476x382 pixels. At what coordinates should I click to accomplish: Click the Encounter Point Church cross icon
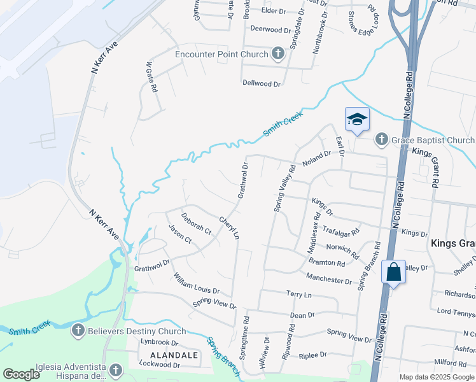pyautogui.click(x=277, y=54)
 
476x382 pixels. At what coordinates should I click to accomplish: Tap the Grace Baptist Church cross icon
pyautogui.click(x=381, y=139)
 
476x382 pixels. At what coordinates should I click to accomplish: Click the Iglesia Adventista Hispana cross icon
pyautogui.click(x=116, y=370)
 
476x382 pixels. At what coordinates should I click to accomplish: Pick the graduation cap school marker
pyautogui.click(x=357, y=119)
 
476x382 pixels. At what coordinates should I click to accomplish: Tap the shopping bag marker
pyautogui.click(x=394, y=272)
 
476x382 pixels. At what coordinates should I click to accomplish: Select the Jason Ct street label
pyautogui.click(x=180, y=234)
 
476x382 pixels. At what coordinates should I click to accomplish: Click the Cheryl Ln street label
pyautogui.click(x=229, y=228)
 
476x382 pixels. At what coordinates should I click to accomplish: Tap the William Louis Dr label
pyautogui.click(x=196, y=283)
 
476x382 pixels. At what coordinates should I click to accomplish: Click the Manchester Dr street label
pyautogui.click(x=328, y=278)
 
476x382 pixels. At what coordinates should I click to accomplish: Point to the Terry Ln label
pyautogui.click(x=299, y=295)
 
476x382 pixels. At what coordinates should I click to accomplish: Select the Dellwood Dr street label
pyautogui.click(x=261, y=83)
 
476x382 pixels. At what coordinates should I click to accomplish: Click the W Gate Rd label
pyautogui.click(x=151, y=77)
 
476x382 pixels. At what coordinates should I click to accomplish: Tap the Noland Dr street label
pyautogui.click(x=317, y=158)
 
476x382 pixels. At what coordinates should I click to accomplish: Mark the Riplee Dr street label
pyautogui.click(x=312, y=355)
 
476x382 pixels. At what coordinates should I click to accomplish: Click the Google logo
pyautogui.click(x=21, y=374)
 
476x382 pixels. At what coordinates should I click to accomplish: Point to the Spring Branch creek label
pyautogui.click(x=221, y=356)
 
